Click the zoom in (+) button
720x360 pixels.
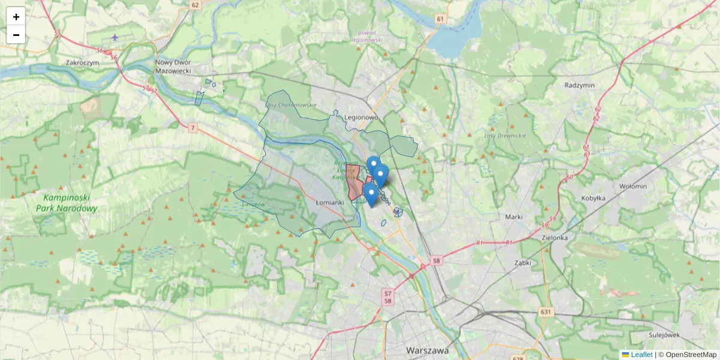(x=16, y=17)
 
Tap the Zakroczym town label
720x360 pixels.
(x=82, y=62)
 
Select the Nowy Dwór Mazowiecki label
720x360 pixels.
(x=173, y=66)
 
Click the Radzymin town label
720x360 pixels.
(x=580, y=85)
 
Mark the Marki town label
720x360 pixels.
(x=514, y=217)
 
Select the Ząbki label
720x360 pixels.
(x=523, y=263)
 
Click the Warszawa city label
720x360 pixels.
(x=427, y=350)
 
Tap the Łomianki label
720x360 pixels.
(x=330, y=202)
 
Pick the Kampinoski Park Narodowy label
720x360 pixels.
(x=66, y=203)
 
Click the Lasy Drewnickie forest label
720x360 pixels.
(x=505, y=136)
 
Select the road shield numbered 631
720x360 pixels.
(x=545, y=311)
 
